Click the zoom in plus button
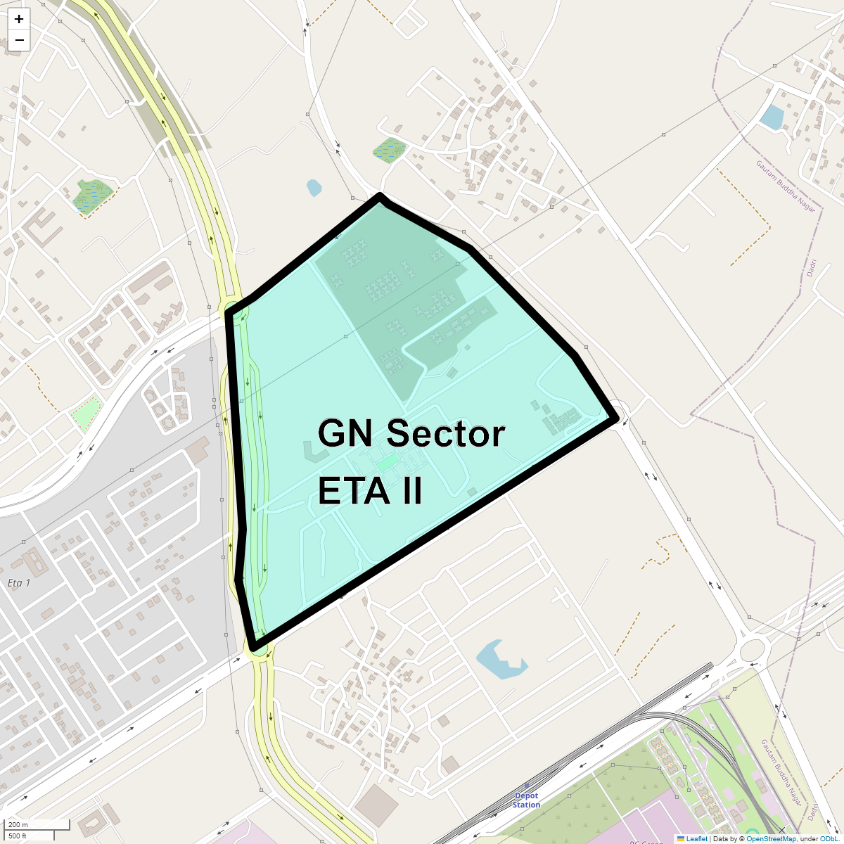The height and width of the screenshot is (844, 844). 19,19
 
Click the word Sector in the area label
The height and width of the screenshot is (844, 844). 445,433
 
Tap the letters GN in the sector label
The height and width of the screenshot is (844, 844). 343,433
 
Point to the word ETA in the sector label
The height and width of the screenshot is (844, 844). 348,490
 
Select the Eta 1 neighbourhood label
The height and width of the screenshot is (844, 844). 19,583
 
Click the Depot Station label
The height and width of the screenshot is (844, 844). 526,800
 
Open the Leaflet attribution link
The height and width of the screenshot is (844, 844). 696,838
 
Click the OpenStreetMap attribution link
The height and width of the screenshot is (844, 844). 771,838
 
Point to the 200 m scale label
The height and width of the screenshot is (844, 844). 18,824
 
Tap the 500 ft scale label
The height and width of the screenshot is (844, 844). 18,836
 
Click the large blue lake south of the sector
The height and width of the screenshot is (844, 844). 500,660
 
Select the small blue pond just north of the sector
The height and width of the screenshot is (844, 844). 314,187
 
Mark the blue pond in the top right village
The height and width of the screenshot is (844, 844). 772,117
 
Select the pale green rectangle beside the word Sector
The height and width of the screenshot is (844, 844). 386,462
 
